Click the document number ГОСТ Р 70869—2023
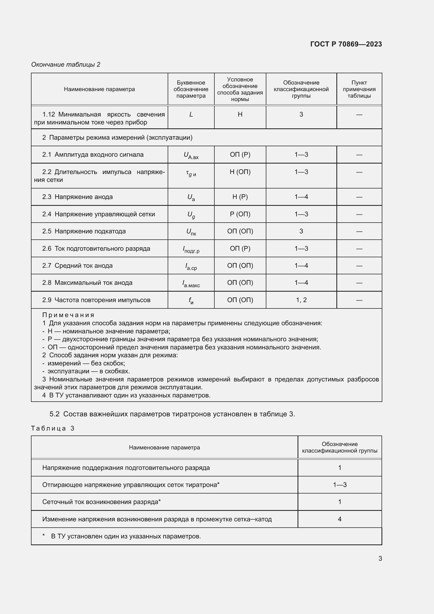[346, 44]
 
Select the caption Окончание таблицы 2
[66, 65]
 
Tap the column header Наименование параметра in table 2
[99, 89]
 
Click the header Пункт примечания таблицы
[359, 89]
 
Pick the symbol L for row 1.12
[191, 114]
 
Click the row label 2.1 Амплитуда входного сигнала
[93, 155]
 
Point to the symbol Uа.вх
[191, 155]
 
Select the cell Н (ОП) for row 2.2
[240, 172]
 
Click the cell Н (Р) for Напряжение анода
[240, 197]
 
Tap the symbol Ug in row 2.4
[191, 215]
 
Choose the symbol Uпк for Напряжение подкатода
[191, 232]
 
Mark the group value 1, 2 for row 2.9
[301, 300]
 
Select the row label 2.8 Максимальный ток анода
[87, 283]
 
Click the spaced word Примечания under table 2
[68, 315]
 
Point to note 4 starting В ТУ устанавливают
[126, 395]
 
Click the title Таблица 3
[53, 428]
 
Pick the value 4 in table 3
[339, 519]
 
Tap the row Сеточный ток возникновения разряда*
[101, 502]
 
